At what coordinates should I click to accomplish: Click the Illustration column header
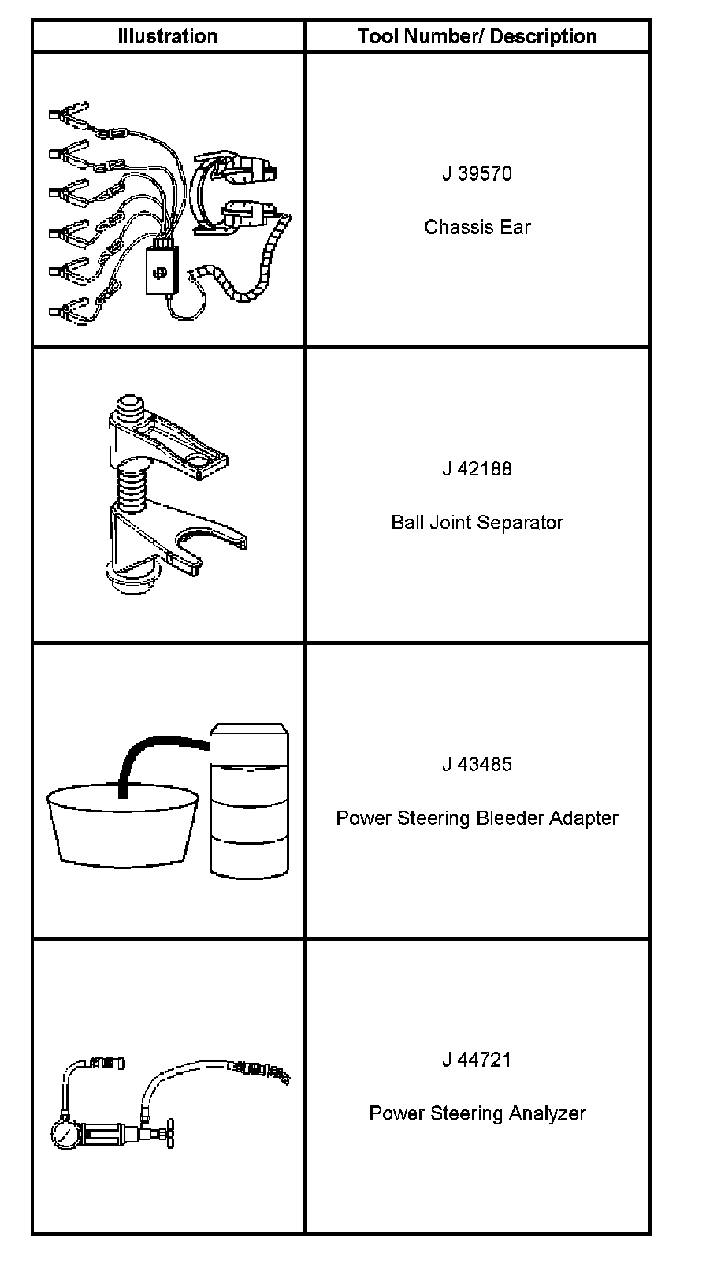167,36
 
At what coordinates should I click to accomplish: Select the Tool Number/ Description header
477,36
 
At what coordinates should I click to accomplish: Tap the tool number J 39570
477,173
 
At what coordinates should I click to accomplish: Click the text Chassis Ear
477,227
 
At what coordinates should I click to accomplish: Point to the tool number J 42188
477,468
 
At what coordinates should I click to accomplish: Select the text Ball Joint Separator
477,522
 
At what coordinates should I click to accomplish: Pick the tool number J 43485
477,764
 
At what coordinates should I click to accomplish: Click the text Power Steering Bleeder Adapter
477,818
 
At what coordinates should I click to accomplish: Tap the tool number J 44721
477,1060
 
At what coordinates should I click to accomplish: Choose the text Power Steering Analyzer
477,1113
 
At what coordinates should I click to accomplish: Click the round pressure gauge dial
65,1135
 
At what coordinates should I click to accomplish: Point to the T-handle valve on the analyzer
167,1135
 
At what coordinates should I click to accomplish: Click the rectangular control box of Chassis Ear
162,270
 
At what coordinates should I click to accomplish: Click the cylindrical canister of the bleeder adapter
249,800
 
